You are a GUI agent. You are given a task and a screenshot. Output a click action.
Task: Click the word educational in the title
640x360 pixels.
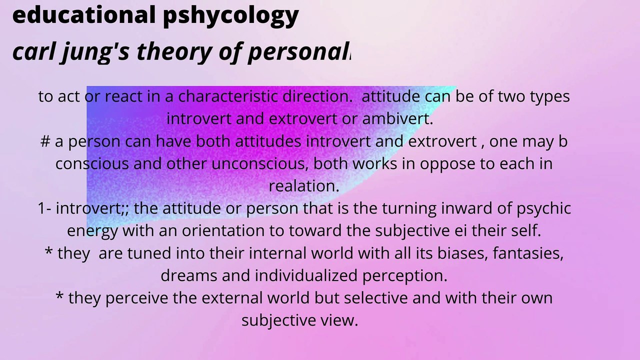point(83,15)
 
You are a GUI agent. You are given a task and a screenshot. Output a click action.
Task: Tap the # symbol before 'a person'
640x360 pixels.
point(45,141)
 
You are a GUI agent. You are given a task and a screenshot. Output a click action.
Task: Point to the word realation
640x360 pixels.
point(304,186)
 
